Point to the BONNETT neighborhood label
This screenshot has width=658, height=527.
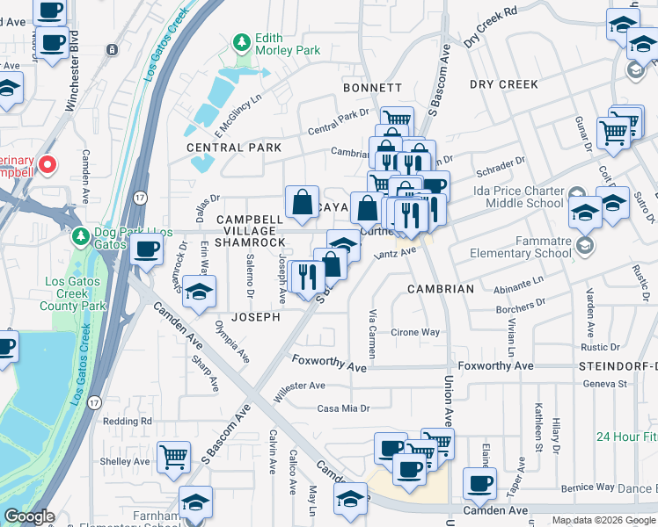tap(372, 89)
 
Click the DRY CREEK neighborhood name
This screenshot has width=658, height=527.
tap(504, 84)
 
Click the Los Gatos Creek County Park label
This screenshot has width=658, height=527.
tap(74, 293)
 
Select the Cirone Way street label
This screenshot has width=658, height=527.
tap(415, 333)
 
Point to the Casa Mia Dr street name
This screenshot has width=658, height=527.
tap(344, 408)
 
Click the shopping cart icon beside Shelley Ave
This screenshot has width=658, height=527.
tap(174, 457)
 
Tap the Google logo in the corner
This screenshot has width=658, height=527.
tap(29, 516)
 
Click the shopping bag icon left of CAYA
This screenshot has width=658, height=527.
tap(302, 201)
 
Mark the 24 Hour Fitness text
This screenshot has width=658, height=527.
tap(625, 437)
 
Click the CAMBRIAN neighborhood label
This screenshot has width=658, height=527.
tap(441, 289)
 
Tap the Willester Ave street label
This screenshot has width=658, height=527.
tap(299, 387)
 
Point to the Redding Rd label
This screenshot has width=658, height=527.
tap(128, 422)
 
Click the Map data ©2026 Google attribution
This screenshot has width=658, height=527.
tap(603, 520)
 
